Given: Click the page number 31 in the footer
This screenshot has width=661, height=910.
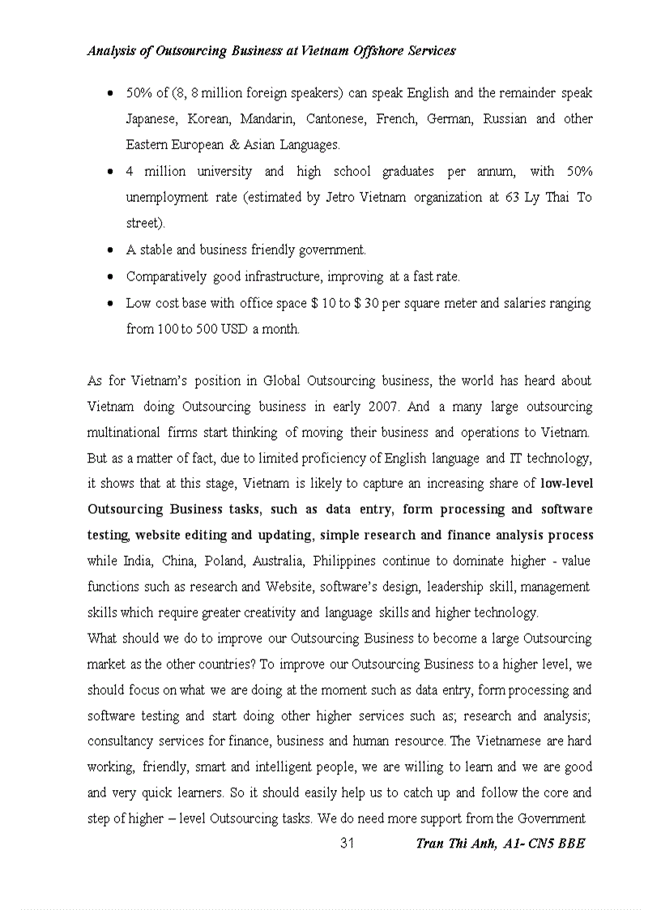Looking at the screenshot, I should coord(347,844).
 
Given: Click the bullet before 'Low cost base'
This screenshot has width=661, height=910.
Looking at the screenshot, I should coord(111,304).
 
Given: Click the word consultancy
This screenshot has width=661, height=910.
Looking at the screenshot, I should coord(117,741).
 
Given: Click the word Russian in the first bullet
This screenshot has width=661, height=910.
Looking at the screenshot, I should coord(505,119).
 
